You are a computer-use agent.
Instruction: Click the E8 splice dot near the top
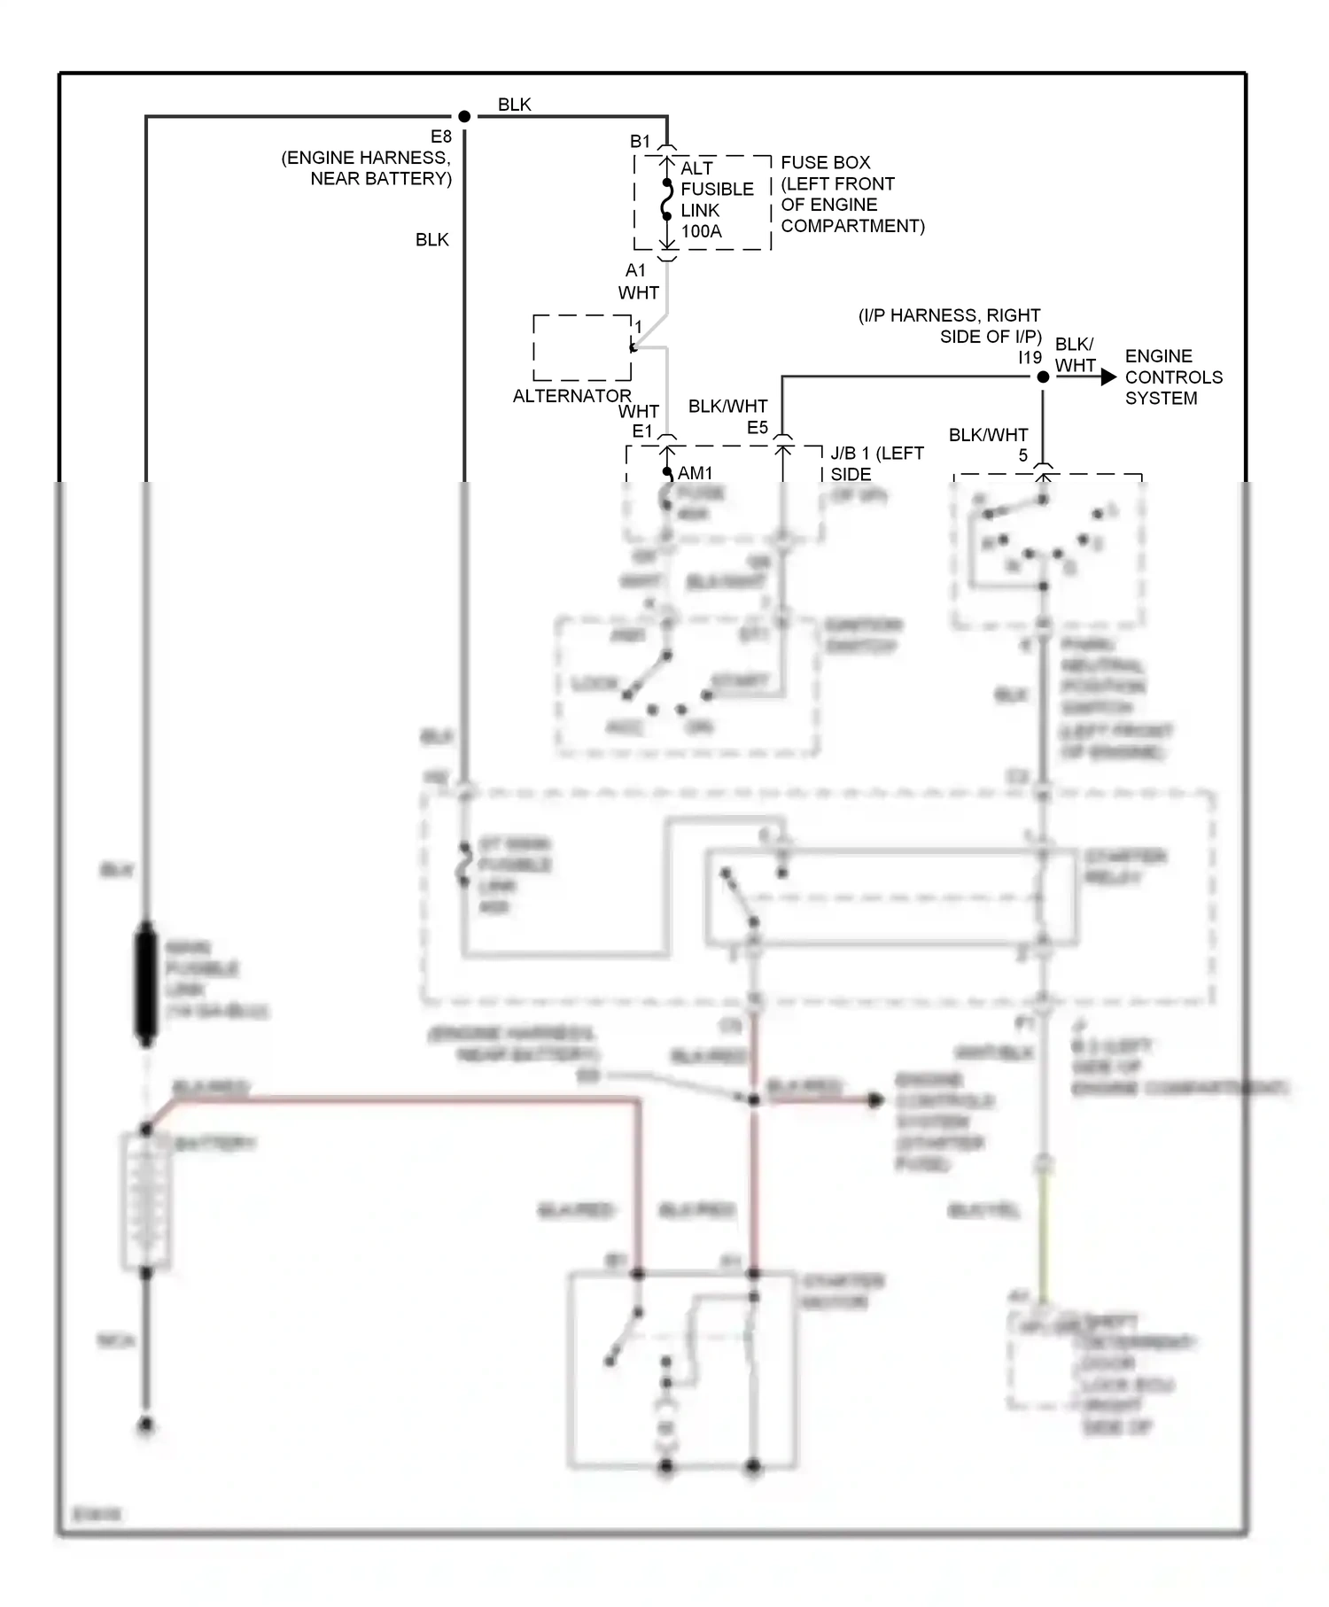[x=464, y=116]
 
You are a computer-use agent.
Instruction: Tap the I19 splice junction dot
[x=1043, y=377]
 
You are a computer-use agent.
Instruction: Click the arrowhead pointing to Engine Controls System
[x=1107, y=377]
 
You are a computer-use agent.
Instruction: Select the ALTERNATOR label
[x=571, y=395]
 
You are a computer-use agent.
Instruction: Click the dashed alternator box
[x=582, y=347]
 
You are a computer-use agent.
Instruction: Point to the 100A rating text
[x=701, y=231]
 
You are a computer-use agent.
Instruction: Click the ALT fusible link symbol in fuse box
[x=667, y=199]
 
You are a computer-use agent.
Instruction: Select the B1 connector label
[x=640, y=141]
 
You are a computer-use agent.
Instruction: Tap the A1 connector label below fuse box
[x=635, y=270]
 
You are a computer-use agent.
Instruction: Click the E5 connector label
[x=757, y=428]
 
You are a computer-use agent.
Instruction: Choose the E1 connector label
[x=641, y=431]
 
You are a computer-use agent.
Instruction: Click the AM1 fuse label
[x=695, y=473]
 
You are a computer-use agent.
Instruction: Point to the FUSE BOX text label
[x=825, y=163]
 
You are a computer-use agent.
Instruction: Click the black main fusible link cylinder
[x=145, y=983]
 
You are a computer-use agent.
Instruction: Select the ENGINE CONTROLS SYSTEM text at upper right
[x=1173, y=377]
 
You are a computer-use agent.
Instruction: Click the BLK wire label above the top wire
[x=514, y=105]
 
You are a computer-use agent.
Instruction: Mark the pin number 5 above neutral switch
[x=1022, y=455]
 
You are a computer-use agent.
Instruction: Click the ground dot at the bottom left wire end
[x=146, y=1425]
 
